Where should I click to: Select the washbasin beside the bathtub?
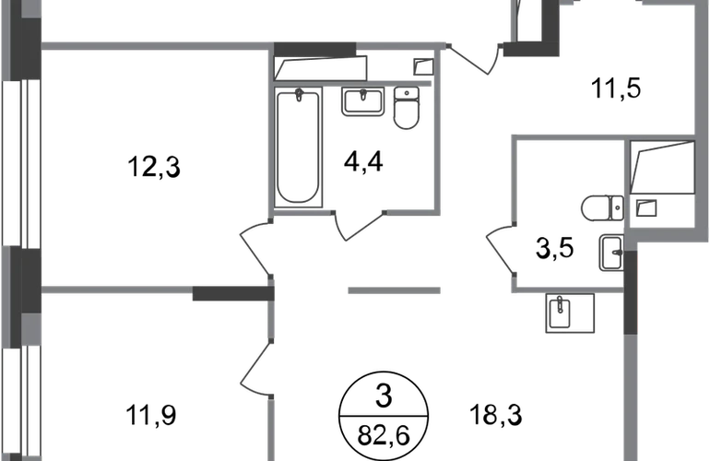362,103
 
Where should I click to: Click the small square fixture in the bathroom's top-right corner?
422,66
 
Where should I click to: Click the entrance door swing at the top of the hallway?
475,59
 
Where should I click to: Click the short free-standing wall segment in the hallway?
394,291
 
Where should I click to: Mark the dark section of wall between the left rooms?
230,292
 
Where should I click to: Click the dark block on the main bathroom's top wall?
315,47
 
